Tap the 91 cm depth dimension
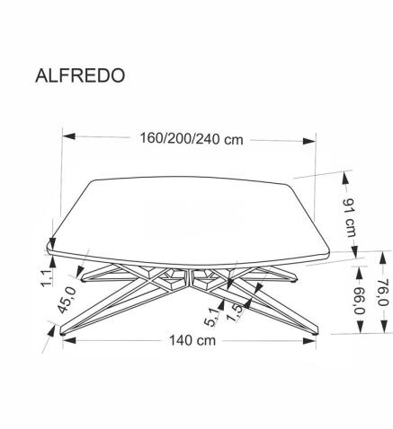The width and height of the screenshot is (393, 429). click(x=350, y=215)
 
